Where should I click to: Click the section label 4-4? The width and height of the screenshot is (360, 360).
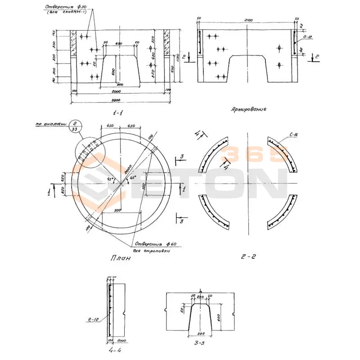pos(115,349)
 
